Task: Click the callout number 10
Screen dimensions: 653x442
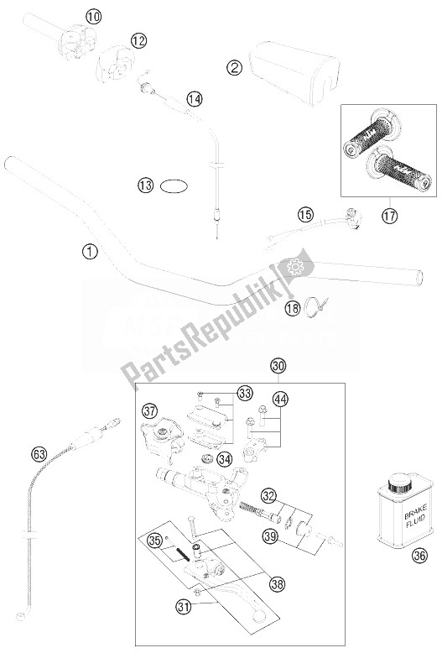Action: (x=92, y=16)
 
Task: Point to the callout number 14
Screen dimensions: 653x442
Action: (x=194, y=99)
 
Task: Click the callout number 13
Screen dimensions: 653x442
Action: (x=148, y=184)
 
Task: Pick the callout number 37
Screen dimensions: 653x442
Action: (x=149, y=410)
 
